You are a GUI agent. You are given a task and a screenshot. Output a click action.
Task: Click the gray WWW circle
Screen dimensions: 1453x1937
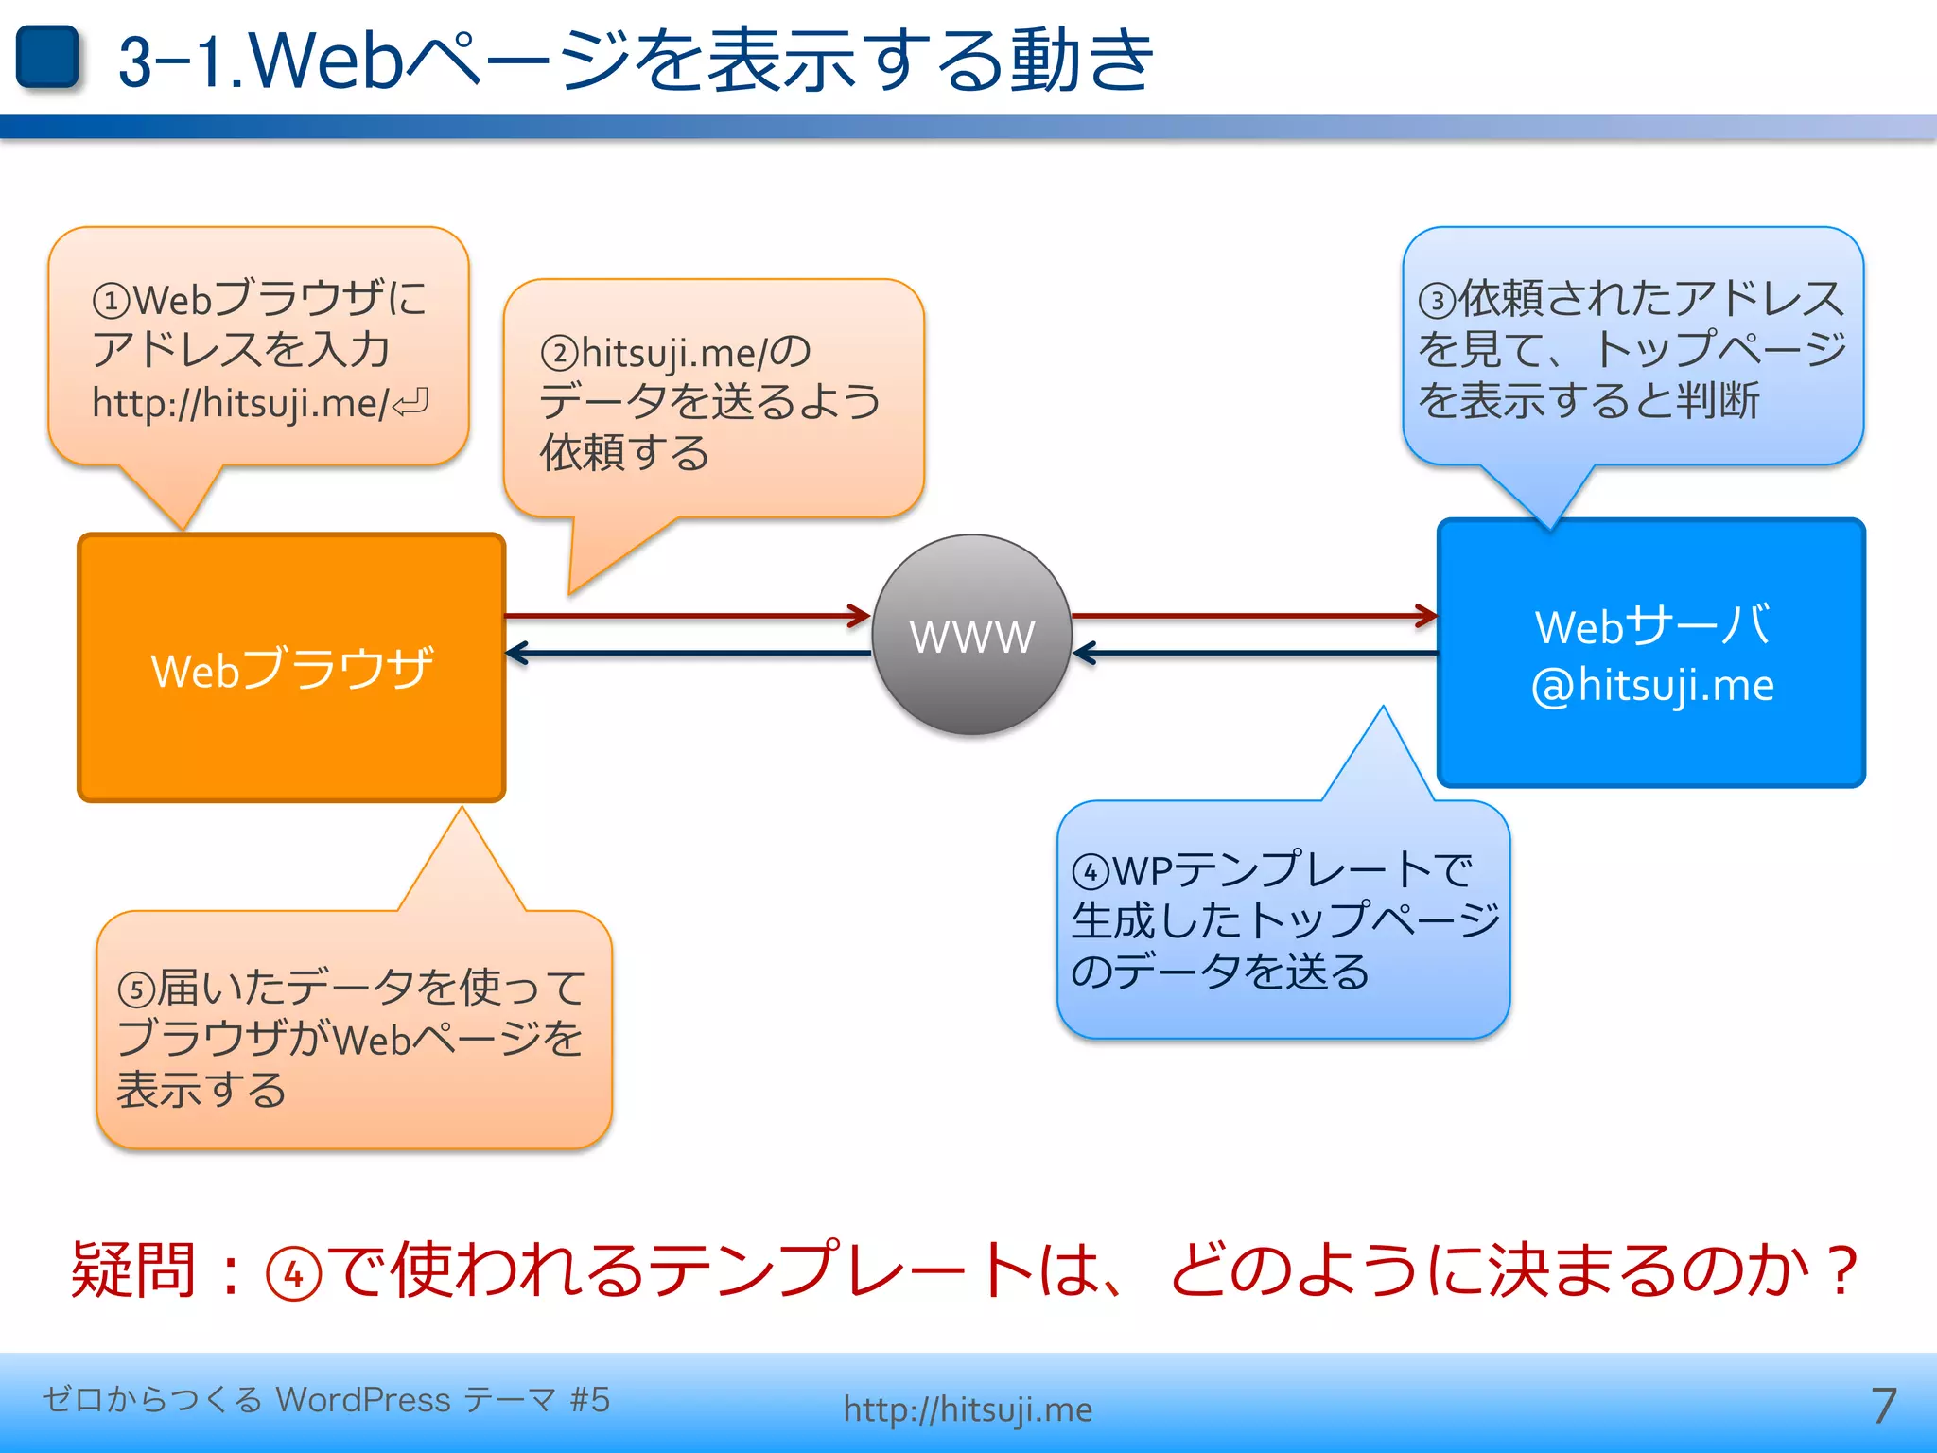pos(971,635)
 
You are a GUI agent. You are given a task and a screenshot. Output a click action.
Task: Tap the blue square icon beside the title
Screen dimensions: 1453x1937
pos(47,57)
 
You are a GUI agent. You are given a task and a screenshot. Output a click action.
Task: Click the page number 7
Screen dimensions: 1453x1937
pos(1883,1406)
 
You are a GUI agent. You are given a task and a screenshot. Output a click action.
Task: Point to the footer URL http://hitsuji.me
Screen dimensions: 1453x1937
pos(968,1409)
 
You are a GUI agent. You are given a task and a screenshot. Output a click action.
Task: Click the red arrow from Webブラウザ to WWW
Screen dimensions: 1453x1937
pos(688,616)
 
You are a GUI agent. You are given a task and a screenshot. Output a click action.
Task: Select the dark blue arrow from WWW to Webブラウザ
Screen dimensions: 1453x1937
pos(688,653)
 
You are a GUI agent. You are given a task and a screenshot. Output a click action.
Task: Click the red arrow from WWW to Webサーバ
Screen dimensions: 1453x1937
pos(1254,616)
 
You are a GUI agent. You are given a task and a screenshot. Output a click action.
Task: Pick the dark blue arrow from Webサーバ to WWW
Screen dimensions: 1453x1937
pos(1254,653)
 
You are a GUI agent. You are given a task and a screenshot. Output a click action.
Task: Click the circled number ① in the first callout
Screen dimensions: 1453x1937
pos(111,302)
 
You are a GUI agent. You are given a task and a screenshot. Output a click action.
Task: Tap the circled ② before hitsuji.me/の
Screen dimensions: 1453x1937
pos(559,354)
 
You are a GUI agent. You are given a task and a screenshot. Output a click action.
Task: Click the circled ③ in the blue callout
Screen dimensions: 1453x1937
pos(1437,301)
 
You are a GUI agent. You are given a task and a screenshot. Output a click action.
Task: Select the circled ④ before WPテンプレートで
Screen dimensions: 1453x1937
pos(1091,871)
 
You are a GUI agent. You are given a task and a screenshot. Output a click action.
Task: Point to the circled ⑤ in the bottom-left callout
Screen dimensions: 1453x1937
pos(136,990)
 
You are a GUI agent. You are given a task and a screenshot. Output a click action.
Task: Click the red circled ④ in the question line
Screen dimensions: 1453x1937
pos(294,1273)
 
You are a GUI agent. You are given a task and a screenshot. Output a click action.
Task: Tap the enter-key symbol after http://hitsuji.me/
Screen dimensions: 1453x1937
pos(411,404)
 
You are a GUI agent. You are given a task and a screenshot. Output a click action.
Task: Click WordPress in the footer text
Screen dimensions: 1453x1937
pos(363,1399)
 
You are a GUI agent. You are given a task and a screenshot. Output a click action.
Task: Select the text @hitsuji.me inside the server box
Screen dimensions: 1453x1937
pos(1652,685)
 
